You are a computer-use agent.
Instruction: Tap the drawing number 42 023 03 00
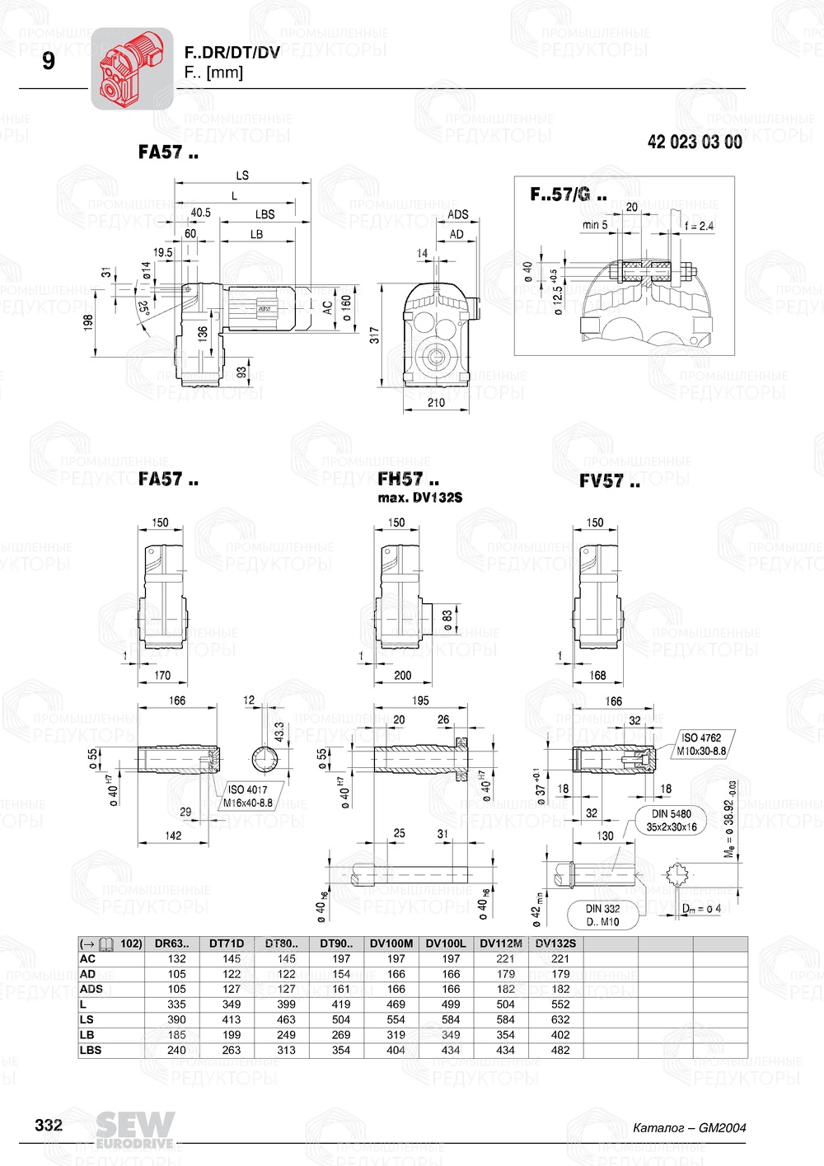pos(694,143)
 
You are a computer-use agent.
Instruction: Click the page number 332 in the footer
pos(49,1125)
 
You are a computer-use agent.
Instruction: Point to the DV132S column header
pos(555,944)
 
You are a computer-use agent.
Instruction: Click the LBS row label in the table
pos(91,1050)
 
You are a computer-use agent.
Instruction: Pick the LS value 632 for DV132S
pos(560,1019)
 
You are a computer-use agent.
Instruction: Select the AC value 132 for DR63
pos(176,958)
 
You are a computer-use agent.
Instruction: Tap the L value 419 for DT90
pos(341,1004)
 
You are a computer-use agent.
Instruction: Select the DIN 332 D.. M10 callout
pos(602,915)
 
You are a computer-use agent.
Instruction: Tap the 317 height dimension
pos(375,335)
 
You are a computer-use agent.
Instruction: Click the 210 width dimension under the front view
pos(436,403)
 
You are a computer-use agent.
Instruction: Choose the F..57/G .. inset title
pos(568,195)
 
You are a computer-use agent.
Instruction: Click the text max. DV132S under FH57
pos(419,498)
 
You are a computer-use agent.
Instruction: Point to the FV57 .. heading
pos(609,481)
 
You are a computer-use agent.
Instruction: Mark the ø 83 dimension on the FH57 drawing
pos(447,620)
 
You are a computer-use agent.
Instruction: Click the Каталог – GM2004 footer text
pos(689,1127)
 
